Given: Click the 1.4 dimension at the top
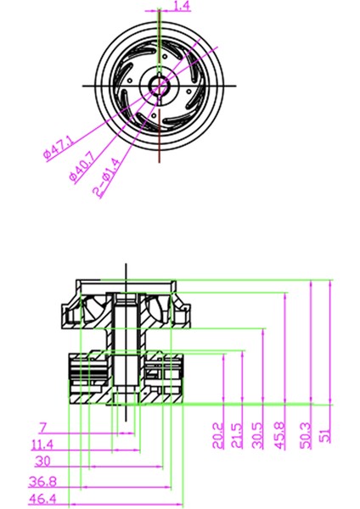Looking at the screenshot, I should (182, 7).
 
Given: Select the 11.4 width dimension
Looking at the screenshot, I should (42, 444).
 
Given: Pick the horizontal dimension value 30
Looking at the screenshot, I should (42, 461).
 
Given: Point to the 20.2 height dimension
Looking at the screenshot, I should (218, 436).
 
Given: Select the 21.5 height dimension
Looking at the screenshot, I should (237, 436).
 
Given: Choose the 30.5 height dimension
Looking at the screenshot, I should (258, 436).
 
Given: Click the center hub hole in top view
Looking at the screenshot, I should (159, 84).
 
